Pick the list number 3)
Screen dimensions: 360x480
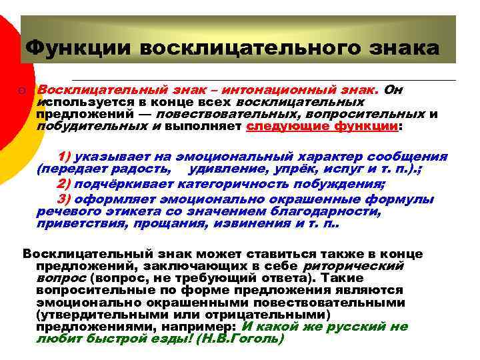click(x=65, y=199)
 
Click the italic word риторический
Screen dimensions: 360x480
click(x=353, y=266)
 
